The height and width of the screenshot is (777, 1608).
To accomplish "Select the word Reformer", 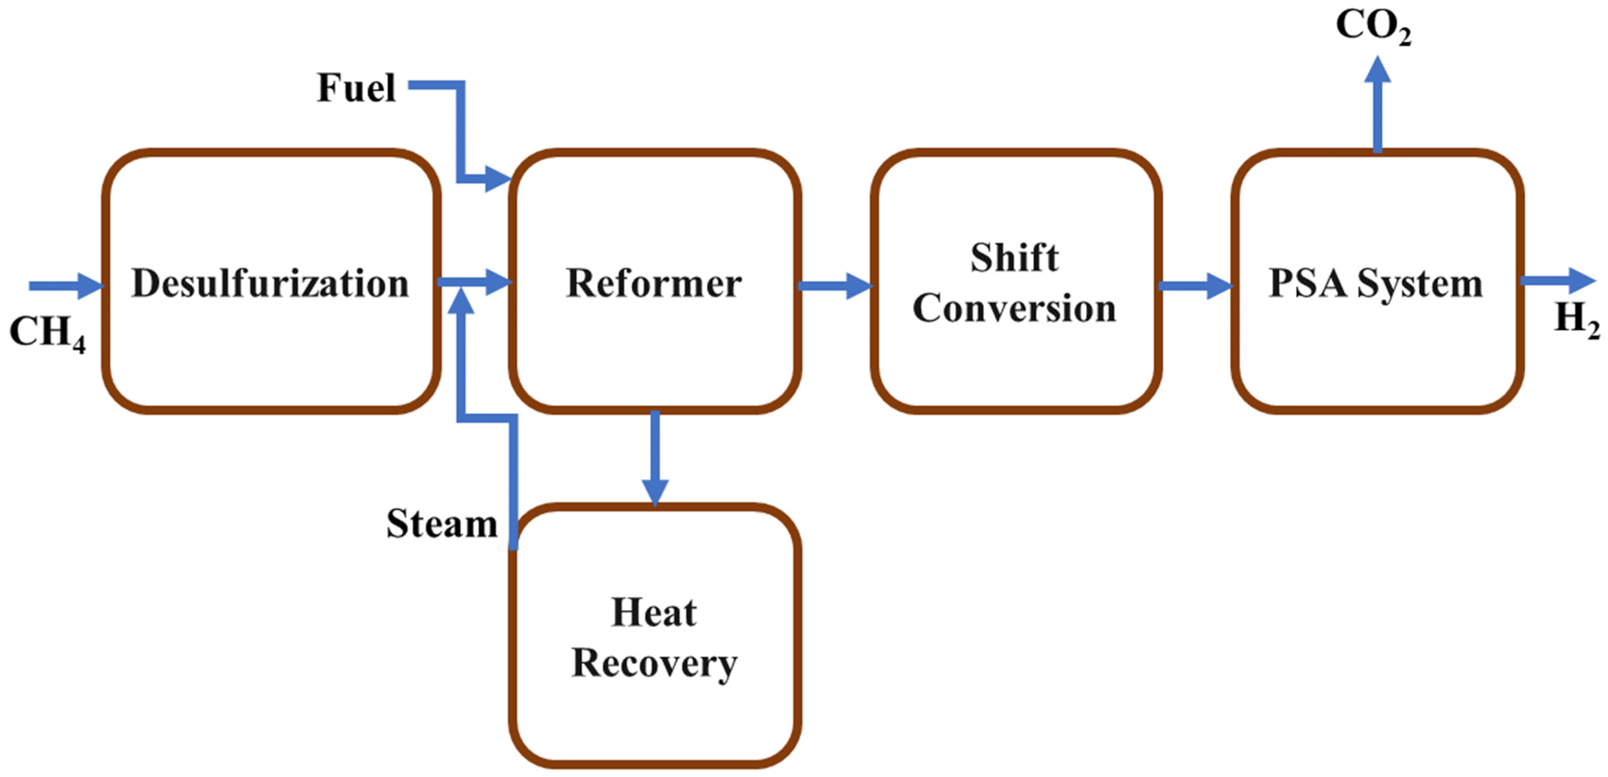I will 654,284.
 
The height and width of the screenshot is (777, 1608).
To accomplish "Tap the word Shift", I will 1014,258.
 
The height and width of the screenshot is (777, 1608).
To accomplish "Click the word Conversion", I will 1014,308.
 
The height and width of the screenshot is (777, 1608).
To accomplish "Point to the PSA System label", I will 1376,284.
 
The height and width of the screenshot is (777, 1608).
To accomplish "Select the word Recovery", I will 654,663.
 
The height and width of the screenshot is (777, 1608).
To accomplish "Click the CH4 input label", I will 47,332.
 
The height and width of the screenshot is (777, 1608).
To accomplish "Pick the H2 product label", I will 1577,318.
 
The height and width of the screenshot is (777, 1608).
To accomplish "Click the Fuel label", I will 356,88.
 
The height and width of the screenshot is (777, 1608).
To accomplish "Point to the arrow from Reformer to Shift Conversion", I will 835,286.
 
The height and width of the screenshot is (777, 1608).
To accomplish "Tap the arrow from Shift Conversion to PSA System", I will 1195,286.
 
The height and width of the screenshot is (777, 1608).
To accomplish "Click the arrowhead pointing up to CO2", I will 1377,69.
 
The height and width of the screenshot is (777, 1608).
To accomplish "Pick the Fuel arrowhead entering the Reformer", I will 498,179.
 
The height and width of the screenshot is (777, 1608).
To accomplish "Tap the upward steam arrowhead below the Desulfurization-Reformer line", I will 462,301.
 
